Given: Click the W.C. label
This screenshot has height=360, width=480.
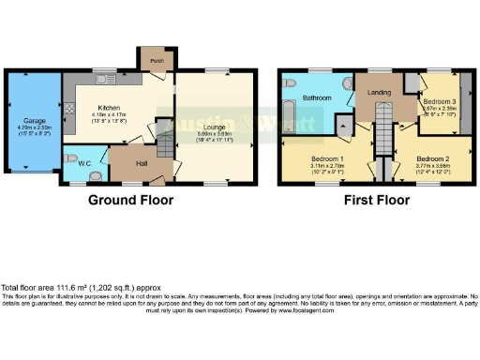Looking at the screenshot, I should (x=83, y=164).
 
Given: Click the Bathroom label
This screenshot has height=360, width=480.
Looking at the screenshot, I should (x=314, y=97).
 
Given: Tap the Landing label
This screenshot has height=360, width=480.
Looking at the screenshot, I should (x=380, y=91).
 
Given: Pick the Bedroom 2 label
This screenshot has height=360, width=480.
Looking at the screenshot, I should (x=433, y=158).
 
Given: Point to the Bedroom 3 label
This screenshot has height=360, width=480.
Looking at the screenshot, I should (x=438, y=100).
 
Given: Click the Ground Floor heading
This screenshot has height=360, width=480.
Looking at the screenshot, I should (x=129, y=200).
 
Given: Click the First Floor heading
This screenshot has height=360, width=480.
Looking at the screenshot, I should (x=377, y=200).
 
